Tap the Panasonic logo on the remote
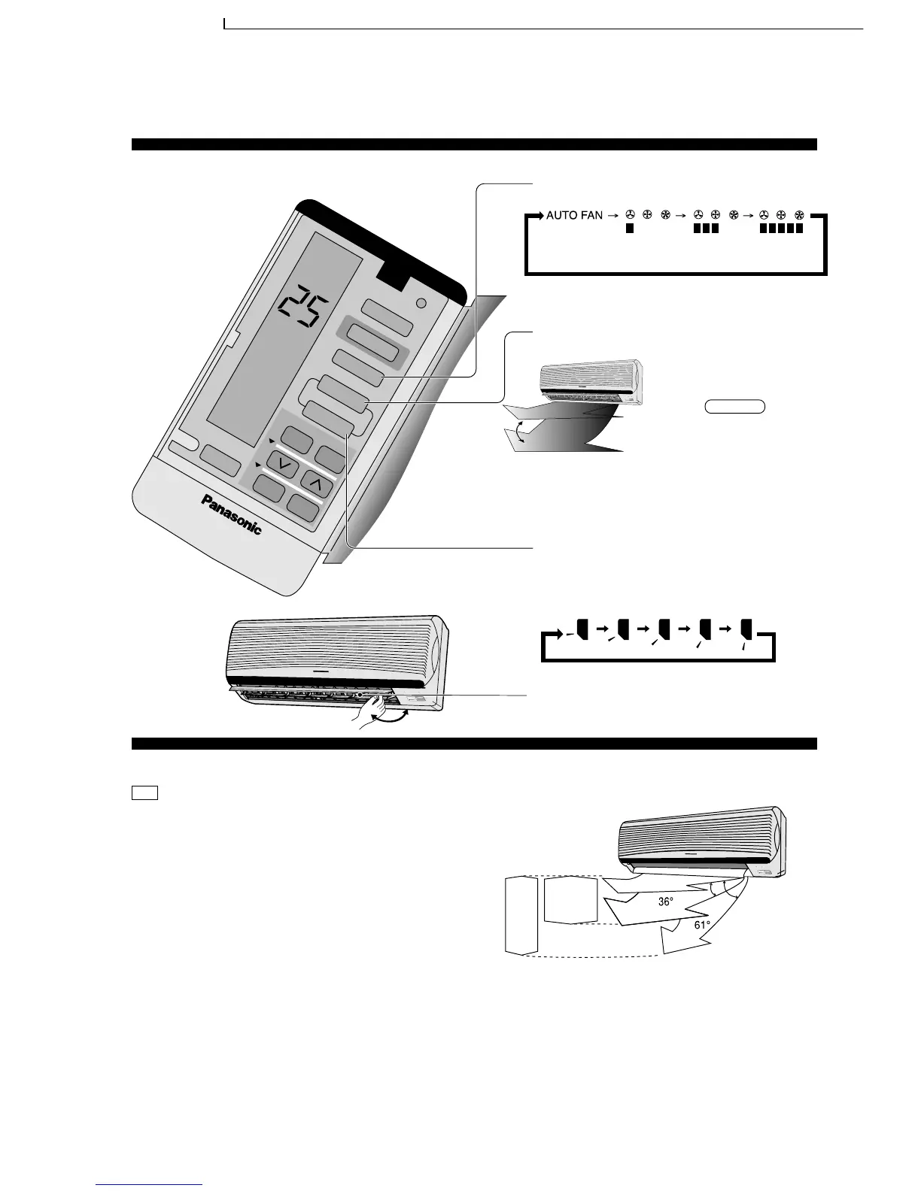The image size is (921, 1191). (x=232, y=514)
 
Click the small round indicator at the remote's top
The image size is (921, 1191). (x=421, y=304)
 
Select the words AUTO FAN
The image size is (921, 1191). (x=574, y=216)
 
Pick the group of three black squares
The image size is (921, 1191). (x=705, y=229)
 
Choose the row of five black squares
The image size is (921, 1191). (x=781, y=229)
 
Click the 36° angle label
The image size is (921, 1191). (x=665, y=902)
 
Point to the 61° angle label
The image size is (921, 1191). (x=702, y=926)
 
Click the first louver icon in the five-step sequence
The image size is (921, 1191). (x=580, y=629)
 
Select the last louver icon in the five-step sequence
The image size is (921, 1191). (x=746, y=629)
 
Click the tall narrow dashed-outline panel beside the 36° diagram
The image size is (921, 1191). (x=521, y=915)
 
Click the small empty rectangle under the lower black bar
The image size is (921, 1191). (x=144, y=792)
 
